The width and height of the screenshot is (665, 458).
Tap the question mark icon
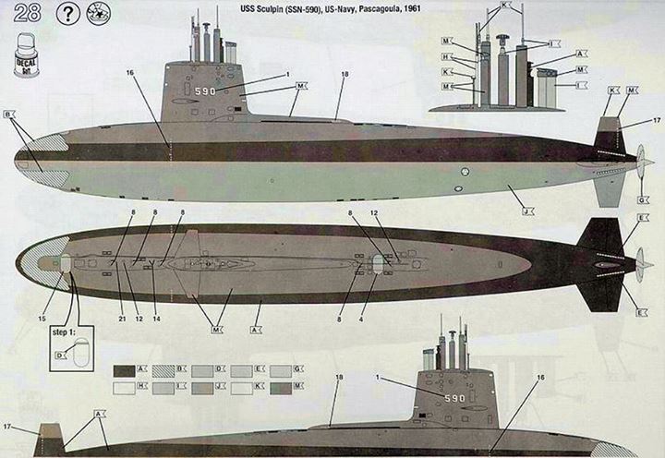coord(67,16)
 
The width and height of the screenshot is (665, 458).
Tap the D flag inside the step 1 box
coord(60,355)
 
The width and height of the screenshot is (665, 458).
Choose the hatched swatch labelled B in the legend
coord(163,370)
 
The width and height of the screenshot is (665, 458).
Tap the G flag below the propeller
coord(640,200)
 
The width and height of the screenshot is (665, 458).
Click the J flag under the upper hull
coord(524,211)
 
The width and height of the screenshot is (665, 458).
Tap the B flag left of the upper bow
coord(10,114)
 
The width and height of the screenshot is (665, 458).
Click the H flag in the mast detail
coord(446,56)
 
